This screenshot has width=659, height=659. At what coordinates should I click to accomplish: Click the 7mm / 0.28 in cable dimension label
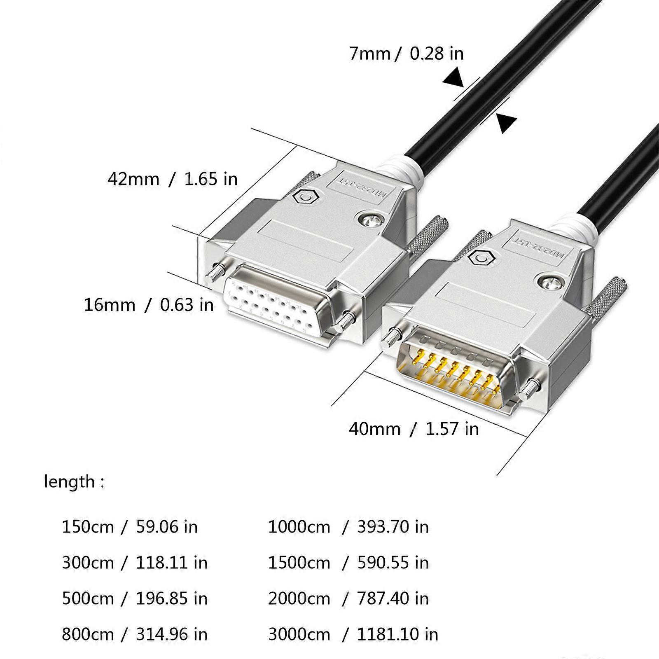pos(406,54)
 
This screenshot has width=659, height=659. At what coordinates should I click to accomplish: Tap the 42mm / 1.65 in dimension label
pos(173,179)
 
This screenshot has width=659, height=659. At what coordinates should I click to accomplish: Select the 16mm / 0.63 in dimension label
pos(149,305)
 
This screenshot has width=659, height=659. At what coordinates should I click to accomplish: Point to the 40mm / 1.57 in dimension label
pos(414,429)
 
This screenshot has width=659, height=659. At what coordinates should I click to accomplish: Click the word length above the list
pos(70,481)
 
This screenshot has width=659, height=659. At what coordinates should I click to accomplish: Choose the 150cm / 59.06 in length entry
pos(129,527)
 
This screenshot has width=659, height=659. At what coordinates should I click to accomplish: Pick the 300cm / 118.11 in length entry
pos(134,563)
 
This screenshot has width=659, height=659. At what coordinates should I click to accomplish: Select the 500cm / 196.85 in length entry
pos(134,598)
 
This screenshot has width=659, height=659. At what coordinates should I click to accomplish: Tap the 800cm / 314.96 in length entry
pos(134,634)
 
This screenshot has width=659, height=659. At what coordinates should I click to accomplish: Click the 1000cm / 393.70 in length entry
pos(348,527)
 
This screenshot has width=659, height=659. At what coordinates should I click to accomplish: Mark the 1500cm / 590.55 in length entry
pos(348,563)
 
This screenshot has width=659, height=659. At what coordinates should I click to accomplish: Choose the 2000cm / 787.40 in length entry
pos(348,598)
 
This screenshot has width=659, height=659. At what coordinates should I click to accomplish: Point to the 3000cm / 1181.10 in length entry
pos(353,634)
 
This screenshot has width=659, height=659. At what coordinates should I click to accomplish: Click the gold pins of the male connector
pos(453,373)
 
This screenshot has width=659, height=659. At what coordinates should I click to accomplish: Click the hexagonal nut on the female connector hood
pos(305,198)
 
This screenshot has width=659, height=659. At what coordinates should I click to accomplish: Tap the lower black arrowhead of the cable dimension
pos(505,123)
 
